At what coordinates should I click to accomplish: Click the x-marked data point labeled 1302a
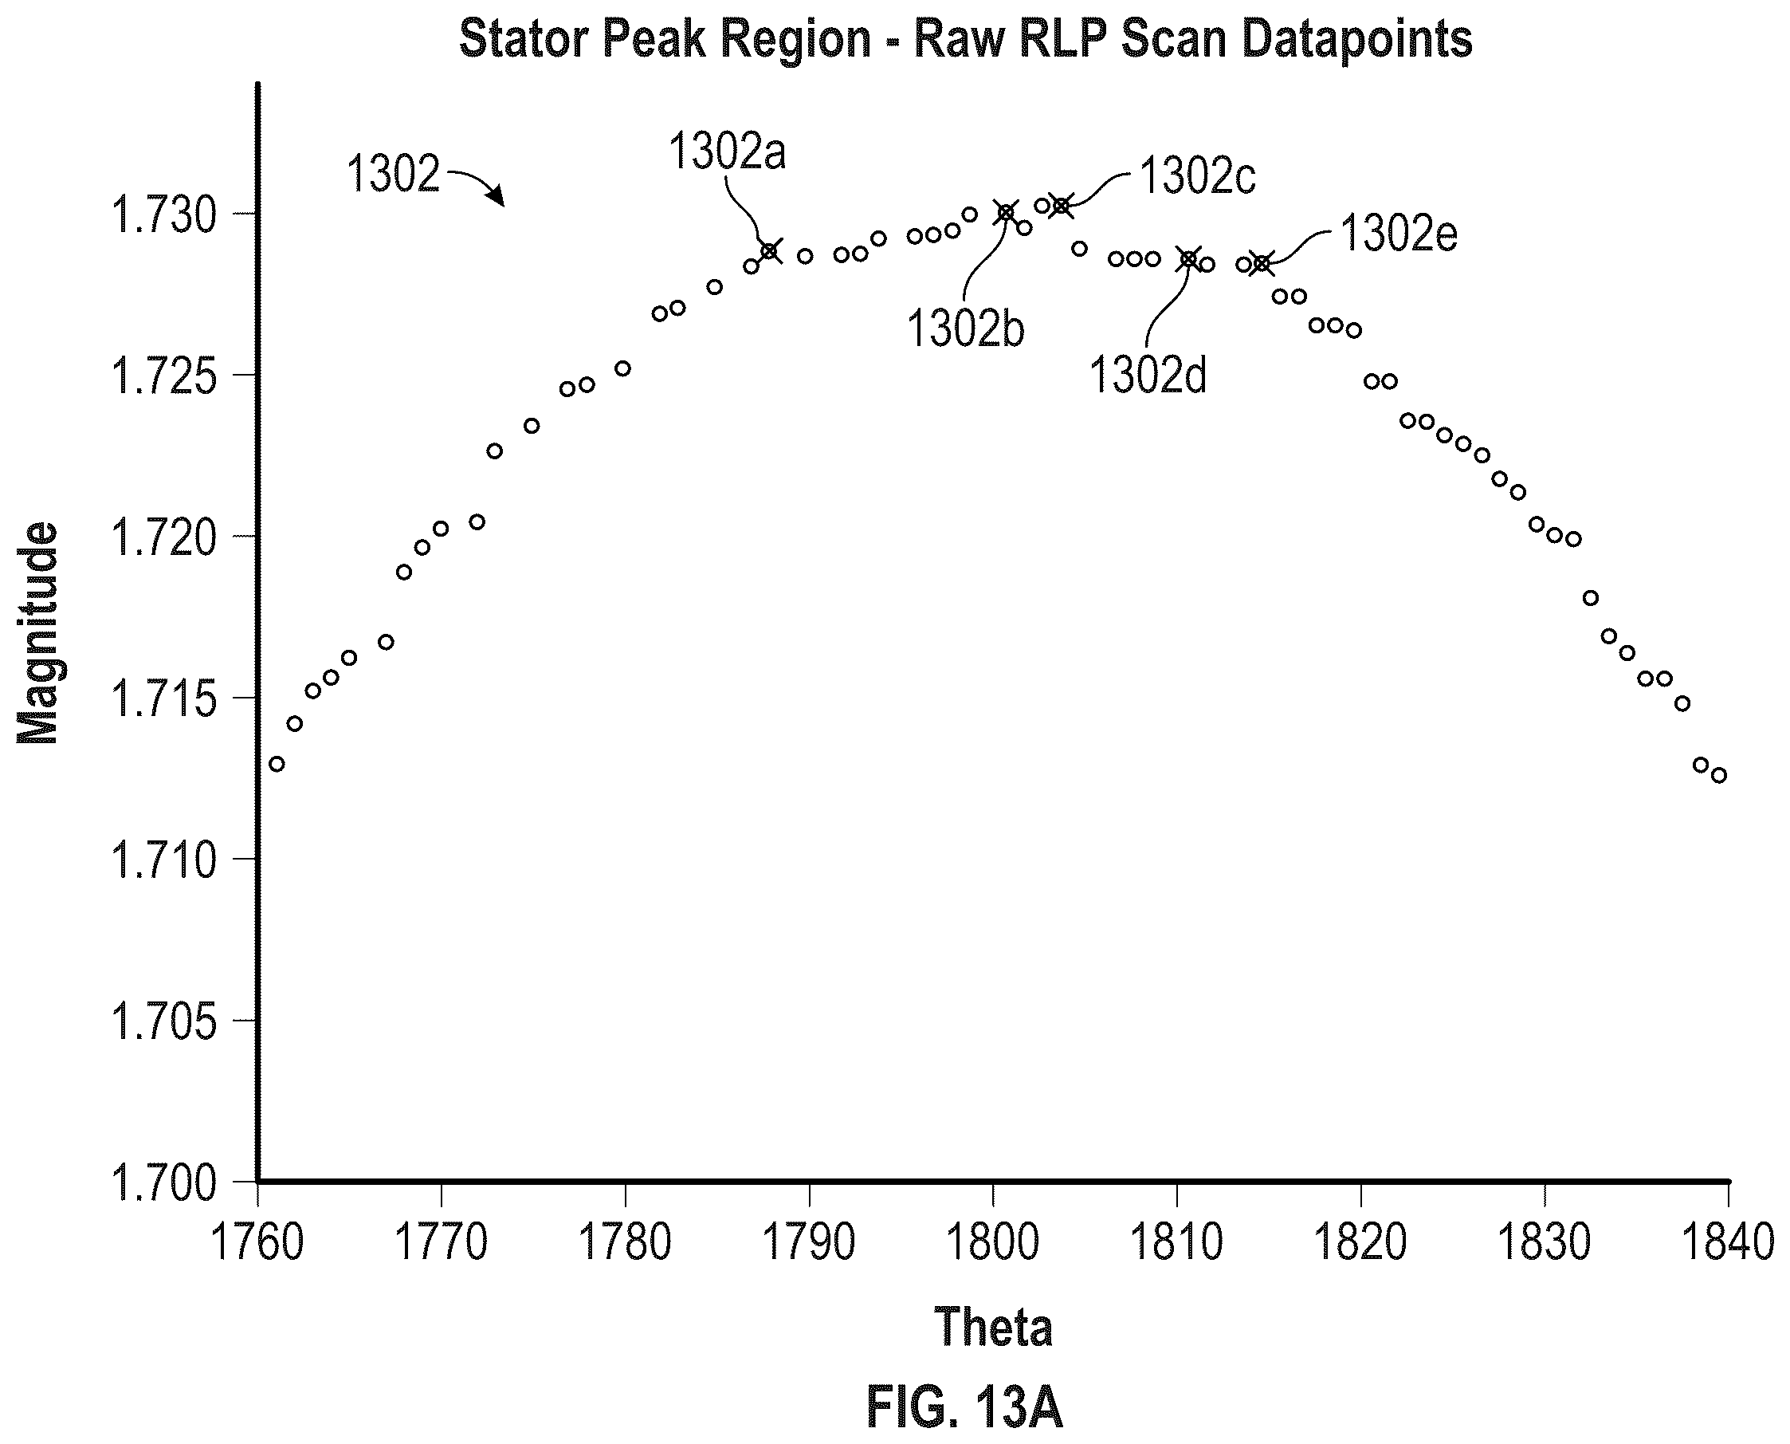[770, 250]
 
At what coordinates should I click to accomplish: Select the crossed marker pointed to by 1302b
[1006, 213]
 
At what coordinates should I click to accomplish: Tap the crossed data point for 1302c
[1061, 206]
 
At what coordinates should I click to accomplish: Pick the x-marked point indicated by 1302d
[1189, 259]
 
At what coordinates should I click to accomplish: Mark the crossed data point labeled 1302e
[1262, 265]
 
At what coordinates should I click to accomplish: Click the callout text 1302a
[728, 152]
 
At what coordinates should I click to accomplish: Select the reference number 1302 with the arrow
[392, 175]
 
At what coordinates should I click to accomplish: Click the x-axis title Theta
[994, 1327]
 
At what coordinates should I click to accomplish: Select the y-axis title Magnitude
[38, 633]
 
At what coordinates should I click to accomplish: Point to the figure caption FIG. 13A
[964, 1407]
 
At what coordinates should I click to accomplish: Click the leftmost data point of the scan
[277, 764]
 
